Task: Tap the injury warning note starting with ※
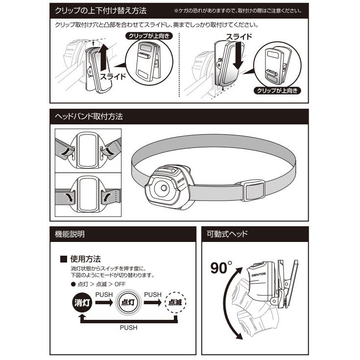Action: (x=238, y=10)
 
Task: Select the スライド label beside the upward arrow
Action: (x=114, y=76)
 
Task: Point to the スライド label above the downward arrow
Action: (x=239, y=37)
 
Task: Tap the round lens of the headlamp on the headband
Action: (x=162, y=189)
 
